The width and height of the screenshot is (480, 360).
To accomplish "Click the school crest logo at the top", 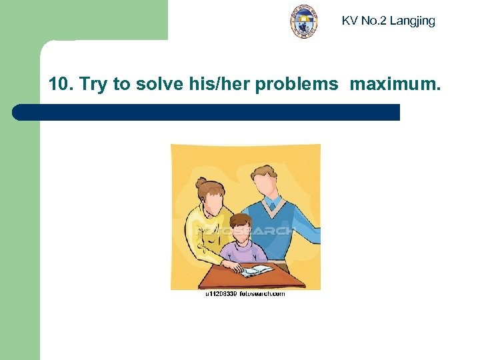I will click(304, 21).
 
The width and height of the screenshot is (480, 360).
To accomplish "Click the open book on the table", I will click(256, 270).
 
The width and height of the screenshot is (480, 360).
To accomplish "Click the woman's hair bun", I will click(201, 182).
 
